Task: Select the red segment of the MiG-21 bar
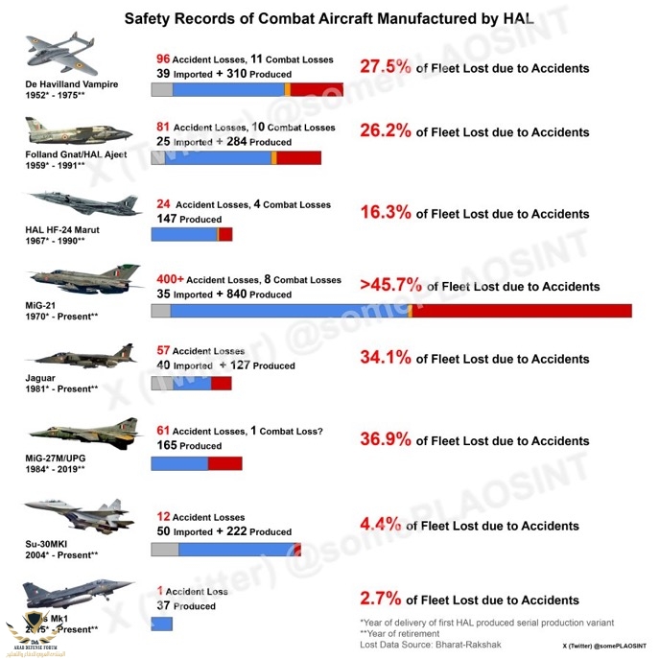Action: click(522, 310)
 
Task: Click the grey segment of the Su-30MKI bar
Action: click(165, 550)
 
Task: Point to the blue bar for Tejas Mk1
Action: click(161, 624)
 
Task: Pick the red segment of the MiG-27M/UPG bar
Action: click(224, 463)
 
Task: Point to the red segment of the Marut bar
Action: click(225, 234)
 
